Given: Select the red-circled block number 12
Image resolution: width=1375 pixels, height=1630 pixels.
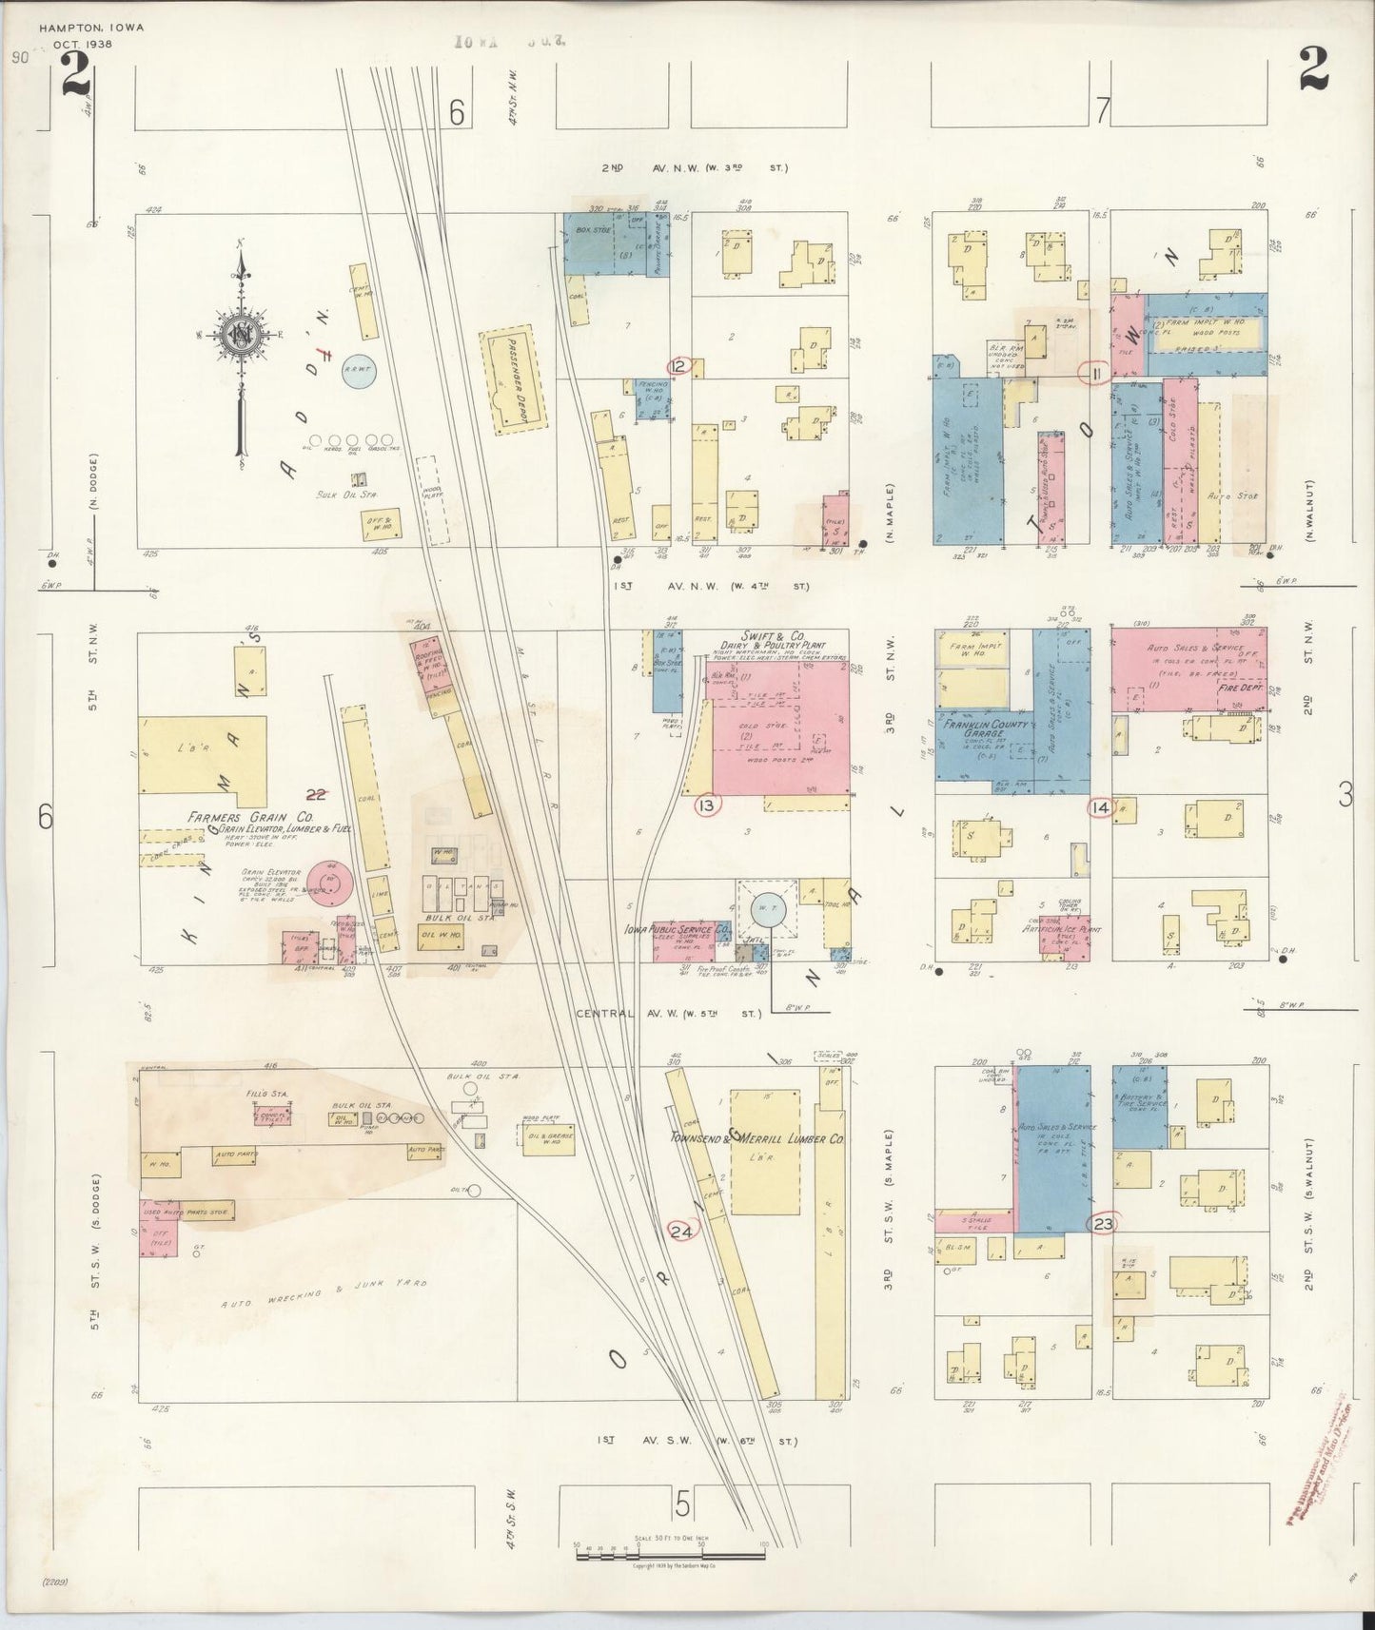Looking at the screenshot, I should [x=678, y=367].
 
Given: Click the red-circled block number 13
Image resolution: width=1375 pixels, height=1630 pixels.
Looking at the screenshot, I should [x=705, y=806].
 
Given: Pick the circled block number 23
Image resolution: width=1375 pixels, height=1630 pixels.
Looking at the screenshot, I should [x=1103, y=1224].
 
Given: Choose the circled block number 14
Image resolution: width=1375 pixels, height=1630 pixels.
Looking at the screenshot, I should [x=1100, y=807].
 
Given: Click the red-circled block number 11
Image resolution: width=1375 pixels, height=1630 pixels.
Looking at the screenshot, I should [x=1096, y=373].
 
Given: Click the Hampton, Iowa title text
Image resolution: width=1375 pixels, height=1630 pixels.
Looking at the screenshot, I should [x=91, y=28].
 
